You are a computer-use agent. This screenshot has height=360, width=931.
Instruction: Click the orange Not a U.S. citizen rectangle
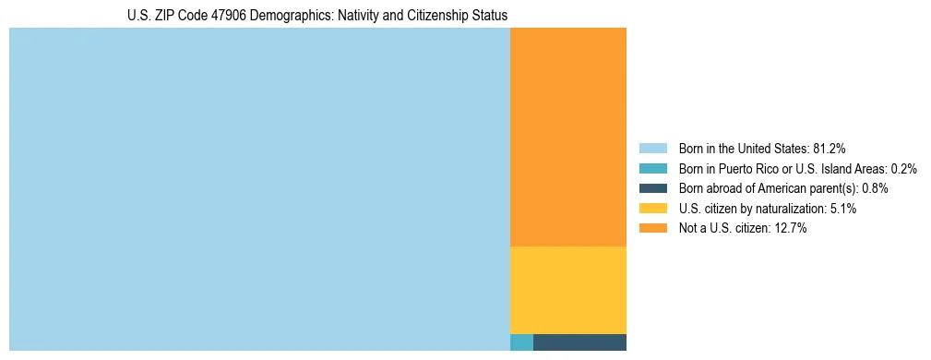[567, 137]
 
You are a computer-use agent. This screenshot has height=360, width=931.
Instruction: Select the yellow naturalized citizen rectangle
[567, 290]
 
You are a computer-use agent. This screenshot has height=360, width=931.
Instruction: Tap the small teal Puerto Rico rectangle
[521, 342]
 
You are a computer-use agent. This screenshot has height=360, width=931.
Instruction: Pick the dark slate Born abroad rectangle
[579, 342]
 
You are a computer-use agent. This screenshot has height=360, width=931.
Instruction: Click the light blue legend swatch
[652, 149]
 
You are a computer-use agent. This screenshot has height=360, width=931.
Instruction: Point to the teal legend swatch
[652, 169]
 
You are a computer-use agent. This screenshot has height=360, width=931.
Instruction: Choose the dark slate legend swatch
[652, 188]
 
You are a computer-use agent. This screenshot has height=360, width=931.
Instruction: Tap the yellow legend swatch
[652, 209]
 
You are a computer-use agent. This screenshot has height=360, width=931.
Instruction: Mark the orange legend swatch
[652, 229]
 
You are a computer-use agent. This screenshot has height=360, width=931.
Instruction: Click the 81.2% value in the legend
[829, 149]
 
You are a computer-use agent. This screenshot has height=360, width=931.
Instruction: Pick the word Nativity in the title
[348, 16]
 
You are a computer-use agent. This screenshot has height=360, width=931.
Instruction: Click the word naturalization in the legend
[793, 209]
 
